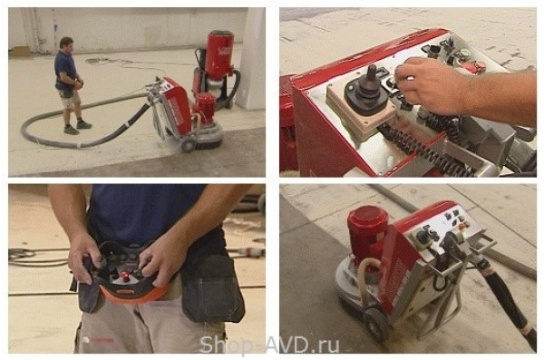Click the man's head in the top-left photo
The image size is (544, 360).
[x=66, y=44]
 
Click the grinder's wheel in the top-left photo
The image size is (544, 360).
[x=188, y=144]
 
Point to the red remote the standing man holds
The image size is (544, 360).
[x=79, y=84]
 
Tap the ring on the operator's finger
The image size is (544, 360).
[x=410, y=79]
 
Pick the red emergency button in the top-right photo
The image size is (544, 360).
[x=478, y=66]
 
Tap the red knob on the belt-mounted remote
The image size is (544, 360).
[x=124, y=276]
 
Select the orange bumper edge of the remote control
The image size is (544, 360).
[x=131, y=293]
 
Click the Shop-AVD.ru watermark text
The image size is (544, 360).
[x=269, y=345]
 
